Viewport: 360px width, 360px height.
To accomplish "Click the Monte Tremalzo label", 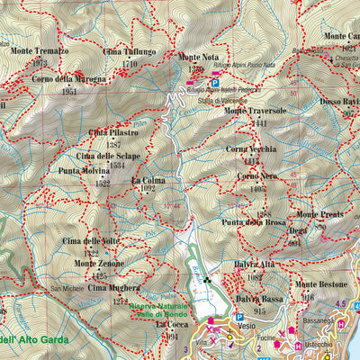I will click(x=40, y=51).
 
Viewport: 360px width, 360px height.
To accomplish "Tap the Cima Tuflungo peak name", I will click(x=131, y=52).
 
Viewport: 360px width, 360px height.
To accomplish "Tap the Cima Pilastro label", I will click(x=113, y=133).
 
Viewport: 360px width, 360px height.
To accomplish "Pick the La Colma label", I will click(x=148, y=180).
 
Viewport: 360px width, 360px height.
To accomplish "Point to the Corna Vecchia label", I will click(x=251, y=148).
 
